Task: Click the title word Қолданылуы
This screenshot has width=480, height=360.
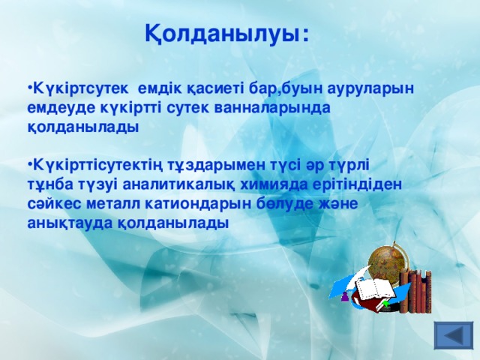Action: point(226,34)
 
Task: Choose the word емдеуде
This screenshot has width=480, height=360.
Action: point(58,108)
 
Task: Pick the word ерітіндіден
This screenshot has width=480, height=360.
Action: point(359,184)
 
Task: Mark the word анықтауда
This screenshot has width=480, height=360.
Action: point(64,223)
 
